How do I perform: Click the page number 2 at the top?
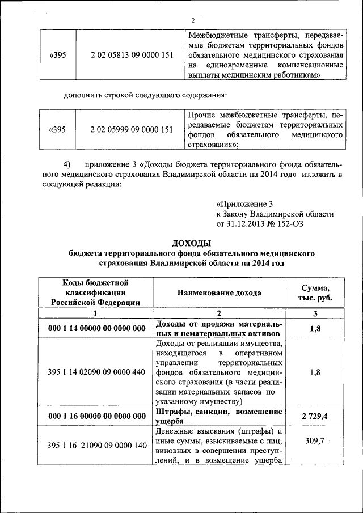click(x=192, y=22)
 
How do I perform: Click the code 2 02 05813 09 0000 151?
click(x=131, y=56)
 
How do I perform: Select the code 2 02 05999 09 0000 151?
click(x=131, y=129)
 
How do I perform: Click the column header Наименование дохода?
click(x=220, y=293)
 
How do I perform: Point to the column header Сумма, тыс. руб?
click(x=316, y=293)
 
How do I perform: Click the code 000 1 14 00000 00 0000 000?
click(x=97, y=328)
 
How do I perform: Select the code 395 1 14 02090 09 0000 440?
click(x=97, y=371)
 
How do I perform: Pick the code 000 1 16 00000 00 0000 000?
click(x=97, y=416)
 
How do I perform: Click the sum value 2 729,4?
click(x=316, y=416)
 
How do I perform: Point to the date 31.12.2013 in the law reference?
click(x=248, y=224)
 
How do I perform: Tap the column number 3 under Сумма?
click(x=316, y=313)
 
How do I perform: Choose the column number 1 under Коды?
click(x=95, y=313)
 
